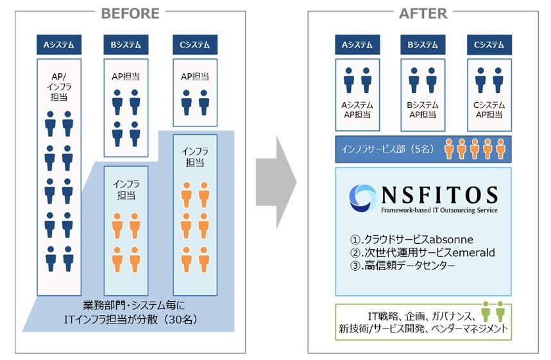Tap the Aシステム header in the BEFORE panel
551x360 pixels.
59,45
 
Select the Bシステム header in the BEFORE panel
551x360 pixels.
126,45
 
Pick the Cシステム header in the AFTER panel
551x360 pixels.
489,45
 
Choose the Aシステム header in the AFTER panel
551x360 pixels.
357,45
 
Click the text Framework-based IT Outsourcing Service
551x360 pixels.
439,210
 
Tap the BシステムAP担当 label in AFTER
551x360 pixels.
423,110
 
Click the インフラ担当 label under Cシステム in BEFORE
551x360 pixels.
195,157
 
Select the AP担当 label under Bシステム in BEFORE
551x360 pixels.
126,76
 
